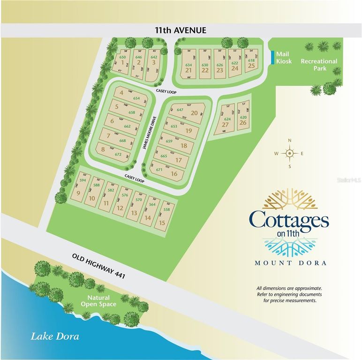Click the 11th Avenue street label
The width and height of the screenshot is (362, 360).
(x=181, y=30)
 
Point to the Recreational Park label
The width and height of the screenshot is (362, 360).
(x=319, y=64)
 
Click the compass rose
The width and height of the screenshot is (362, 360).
(x=289, y=153)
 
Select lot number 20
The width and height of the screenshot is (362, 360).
(x=194, y=112)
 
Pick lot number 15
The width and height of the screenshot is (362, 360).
(x=162, y=223)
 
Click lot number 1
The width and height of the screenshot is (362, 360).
(x=122, y=62)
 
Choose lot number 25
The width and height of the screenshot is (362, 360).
(x=251, y=66)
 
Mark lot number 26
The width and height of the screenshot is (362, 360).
(x=243, y=123)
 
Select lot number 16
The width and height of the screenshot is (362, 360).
(x=174, y=174)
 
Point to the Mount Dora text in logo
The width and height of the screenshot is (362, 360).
(x=290, y=262)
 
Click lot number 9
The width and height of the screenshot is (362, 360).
(x=78, y=193)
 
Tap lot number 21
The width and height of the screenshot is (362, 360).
(x=189, y=70)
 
